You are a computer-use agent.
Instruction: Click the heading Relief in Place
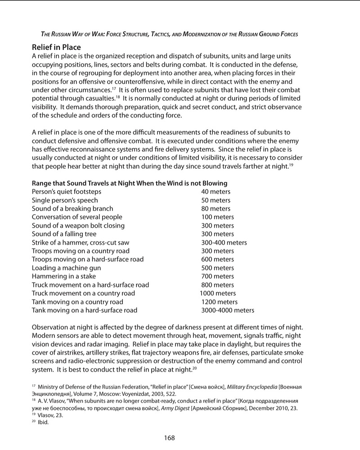pyautogui.click(x=56, y=47)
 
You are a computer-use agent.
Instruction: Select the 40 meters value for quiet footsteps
pyautogui.click(x=216, y=192)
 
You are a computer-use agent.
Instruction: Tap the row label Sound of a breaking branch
pyautogui.click(x=72, y=209)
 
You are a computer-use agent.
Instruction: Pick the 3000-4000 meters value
pyautogui.click(x=227, y=310)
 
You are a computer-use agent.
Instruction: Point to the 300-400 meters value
pyautogui.click(x=224, y=243)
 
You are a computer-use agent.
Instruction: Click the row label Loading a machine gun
pyautogui.click(x=66, y=268)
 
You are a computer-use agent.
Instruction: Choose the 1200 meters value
pyautogui.click(x=219, y=302)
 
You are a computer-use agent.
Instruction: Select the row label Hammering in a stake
pyautogui.click(x=63, y=276)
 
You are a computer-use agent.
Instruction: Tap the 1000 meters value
pyautogui.click(x=218, y=293)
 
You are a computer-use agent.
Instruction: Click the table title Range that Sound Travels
pyautogui.click(x=130, y=183)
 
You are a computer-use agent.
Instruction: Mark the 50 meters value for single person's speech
pyautogui.click(x=216, y=200)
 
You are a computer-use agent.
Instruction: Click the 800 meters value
pyautogui.click(x=217, y=285)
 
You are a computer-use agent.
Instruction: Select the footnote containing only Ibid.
pyautogui.click(x=43, y=423)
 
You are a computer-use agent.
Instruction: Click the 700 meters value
pyautogui.click(x=217, y=276)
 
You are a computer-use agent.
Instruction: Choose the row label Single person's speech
pyautogui.click(x=65, y=200)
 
